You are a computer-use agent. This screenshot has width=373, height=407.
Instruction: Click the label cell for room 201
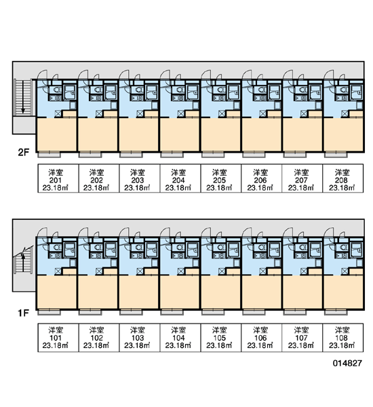pos(58,178)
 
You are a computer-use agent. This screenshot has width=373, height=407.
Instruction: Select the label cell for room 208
pos(342,178)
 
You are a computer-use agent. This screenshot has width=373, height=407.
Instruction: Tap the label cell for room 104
pos(180,337)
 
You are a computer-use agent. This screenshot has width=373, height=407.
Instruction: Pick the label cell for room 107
pos(302,337)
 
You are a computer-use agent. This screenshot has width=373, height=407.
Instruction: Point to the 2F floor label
pos(23,153)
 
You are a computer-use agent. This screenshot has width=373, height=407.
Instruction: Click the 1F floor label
pos(23,313)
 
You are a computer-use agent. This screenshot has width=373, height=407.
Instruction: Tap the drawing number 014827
pos(347,363)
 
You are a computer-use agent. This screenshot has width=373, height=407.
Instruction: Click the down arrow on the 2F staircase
pos(23,97)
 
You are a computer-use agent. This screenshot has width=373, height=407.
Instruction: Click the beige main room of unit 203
pos(138,134)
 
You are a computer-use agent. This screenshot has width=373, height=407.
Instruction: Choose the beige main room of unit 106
pos(261,292)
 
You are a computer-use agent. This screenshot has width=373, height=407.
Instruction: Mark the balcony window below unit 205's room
pos(213,155)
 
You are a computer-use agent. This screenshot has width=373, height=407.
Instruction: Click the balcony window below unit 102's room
pos(90,312)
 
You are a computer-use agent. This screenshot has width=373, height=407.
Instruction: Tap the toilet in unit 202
pos(98,90)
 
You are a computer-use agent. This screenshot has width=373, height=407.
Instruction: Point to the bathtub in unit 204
pos(193,92)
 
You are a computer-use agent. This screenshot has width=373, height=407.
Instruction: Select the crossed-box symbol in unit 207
pos(303,114)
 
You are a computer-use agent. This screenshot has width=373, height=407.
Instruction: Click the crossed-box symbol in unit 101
pos(58,271)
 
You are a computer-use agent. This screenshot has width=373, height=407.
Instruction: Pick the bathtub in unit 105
pos(233,250)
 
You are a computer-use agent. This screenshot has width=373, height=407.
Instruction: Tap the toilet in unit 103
pos(139,248)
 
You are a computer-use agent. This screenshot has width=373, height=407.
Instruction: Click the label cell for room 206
pos(261,178)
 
